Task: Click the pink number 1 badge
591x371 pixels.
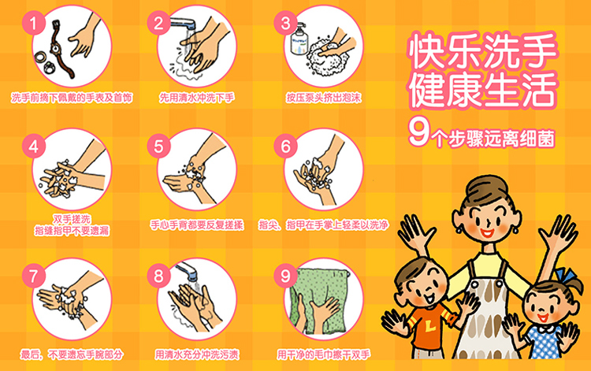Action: (x=34, y=24)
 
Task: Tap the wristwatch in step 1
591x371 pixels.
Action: (x=60, y=48)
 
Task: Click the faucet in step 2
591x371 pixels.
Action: (x=184, y=24)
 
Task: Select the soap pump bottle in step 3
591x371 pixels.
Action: (x=300, y=39)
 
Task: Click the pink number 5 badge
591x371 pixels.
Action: (x=158, y=147)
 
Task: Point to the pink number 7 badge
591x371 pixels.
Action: (x=34, y=276)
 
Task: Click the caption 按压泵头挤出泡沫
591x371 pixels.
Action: (x=324, y=98)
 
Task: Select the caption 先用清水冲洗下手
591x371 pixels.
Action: (x=197, y=98)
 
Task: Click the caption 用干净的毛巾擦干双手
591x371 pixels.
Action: (x=324, y=354)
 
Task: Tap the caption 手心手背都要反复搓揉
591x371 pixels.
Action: (x=197, y=225)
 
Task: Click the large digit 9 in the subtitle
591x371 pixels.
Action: (x=418, y=132)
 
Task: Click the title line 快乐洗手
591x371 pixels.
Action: (x=482, y=52)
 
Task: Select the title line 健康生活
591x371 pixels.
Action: (x=482, y=90)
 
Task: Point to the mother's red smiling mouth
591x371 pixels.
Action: (x=487, y=232)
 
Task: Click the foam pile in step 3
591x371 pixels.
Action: (x=327, y=59)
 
